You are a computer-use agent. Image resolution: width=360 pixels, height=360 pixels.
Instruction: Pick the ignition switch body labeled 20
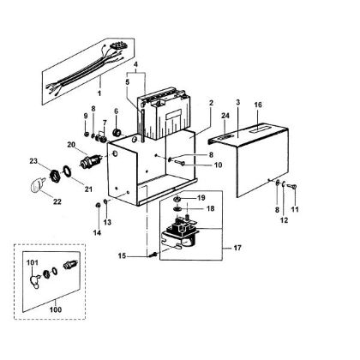click(88, 160)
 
